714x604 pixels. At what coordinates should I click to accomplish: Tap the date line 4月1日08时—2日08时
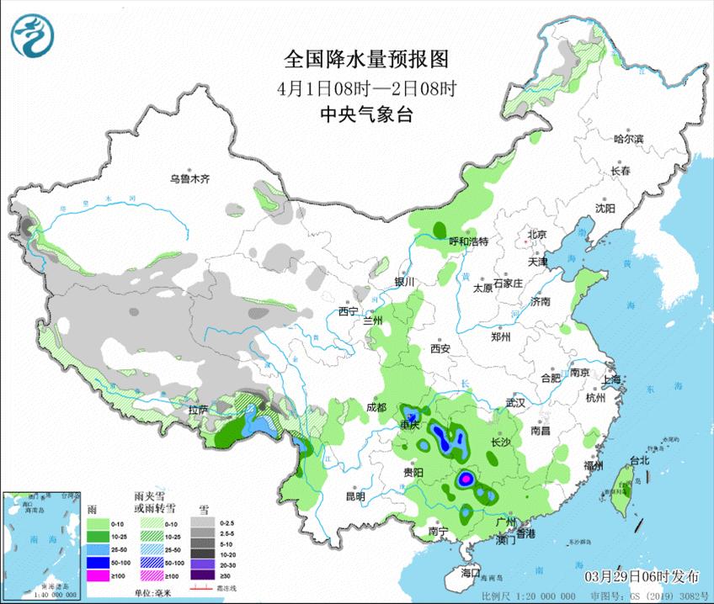(366, 88)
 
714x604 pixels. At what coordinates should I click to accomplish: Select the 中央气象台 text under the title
(367, 115)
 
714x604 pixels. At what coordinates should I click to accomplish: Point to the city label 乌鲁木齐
(188, 179)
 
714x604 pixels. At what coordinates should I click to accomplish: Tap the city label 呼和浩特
(469, 241)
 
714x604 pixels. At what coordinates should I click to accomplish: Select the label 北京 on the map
(537, 234)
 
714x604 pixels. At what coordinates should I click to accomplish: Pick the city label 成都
(376, 407)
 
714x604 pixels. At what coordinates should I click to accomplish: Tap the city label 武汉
(515, 404)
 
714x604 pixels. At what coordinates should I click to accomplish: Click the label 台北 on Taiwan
(640, 461)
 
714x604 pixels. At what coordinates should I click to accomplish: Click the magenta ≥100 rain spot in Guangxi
(464, 479)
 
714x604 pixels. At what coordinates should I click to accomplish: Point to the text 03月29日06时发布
(644, 575)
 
